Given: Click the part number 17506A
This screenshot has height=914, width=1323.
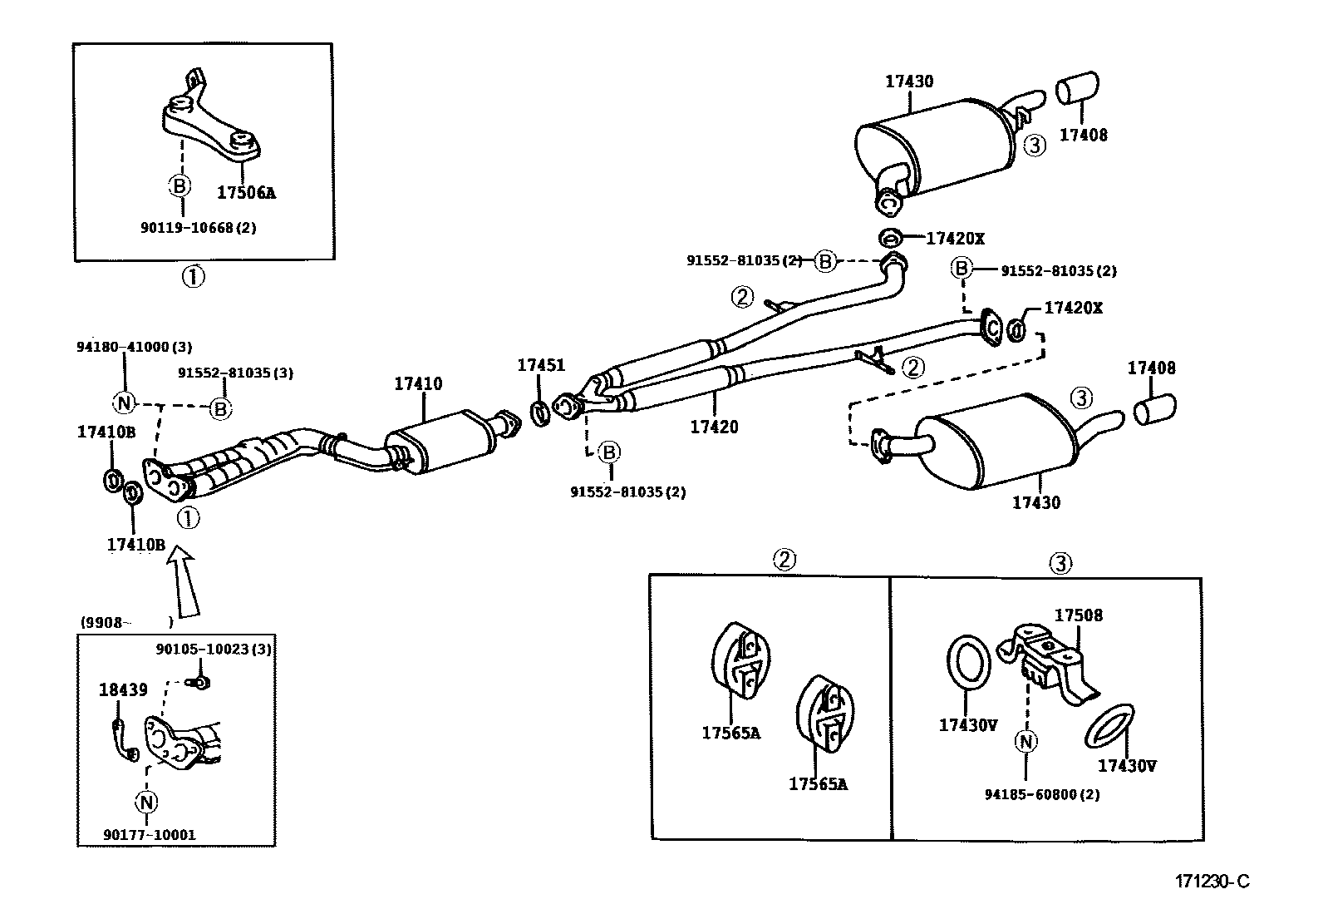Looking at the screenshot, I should pos(246,193).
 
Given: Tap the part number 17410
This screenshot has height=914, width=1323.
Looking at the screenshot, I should pos(418,384).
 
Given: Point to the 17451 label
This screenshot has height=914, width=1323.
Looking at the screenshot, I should pos(541,365).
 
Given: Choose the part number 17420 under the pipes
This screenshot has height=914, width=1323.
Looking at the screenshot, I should pos(714,427).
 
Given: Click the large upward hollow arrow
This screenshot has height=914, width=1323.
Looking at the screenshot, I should pos(184,581).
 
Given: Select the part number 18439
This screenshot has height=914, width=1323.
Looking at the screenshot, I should pos(123,689).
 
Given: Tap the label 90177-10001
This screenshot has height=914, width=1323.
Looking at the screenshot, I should pos(150,834).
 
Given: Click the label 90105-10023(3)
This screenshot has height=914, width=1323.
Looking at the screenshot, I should pos(214,649).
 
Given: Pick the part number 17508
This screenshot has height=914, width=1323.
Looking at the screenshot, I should pos(1079,615).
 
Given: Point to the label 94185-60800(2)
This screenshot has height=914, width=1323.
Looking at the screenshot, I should pos(1042,794).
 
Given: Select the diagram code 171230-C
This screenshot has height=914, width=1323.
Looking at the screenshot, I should pos(1212,882).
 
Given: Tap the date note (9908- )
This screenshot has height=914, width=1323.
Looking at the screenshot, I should pos(126,622).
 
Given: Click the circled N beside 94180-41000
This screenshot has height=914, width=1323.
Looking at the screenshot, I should pos(124,403).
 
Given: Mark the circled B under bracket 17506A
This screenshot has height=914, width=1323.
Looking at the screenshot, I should pos(180,185).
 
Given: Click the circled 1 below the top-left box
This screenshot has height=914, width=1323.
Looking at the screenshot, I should pos(193,275).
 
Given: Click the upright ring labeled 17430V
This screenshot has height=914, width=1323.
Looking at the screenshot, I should pos(968,663).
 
